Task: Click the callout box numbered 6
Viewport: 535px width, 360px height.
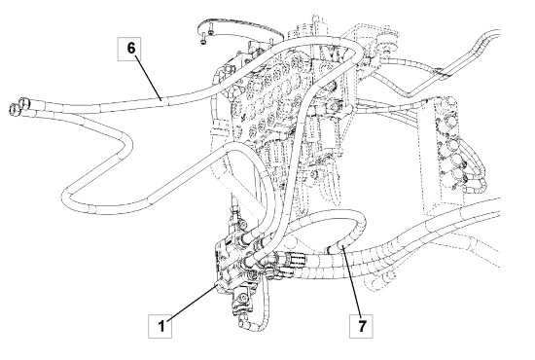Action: (x=129, y=50)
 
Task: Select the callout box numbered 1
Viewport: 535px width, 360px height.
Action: (x=160, y=326)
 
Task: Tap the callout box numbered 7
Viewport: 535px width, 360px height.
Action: (x=361, y=326)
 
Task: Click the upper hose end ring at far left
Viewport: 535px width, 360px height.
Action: (x=23, y=102)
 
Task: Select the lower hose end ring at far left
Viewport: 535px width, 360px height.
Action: (x=14, y=109)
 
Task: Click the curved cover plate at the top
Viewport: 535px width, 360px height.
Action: (x=239, y=31)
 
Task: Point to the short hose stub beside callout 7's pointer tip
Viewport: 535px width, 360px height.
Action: (x=334, y=248)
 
